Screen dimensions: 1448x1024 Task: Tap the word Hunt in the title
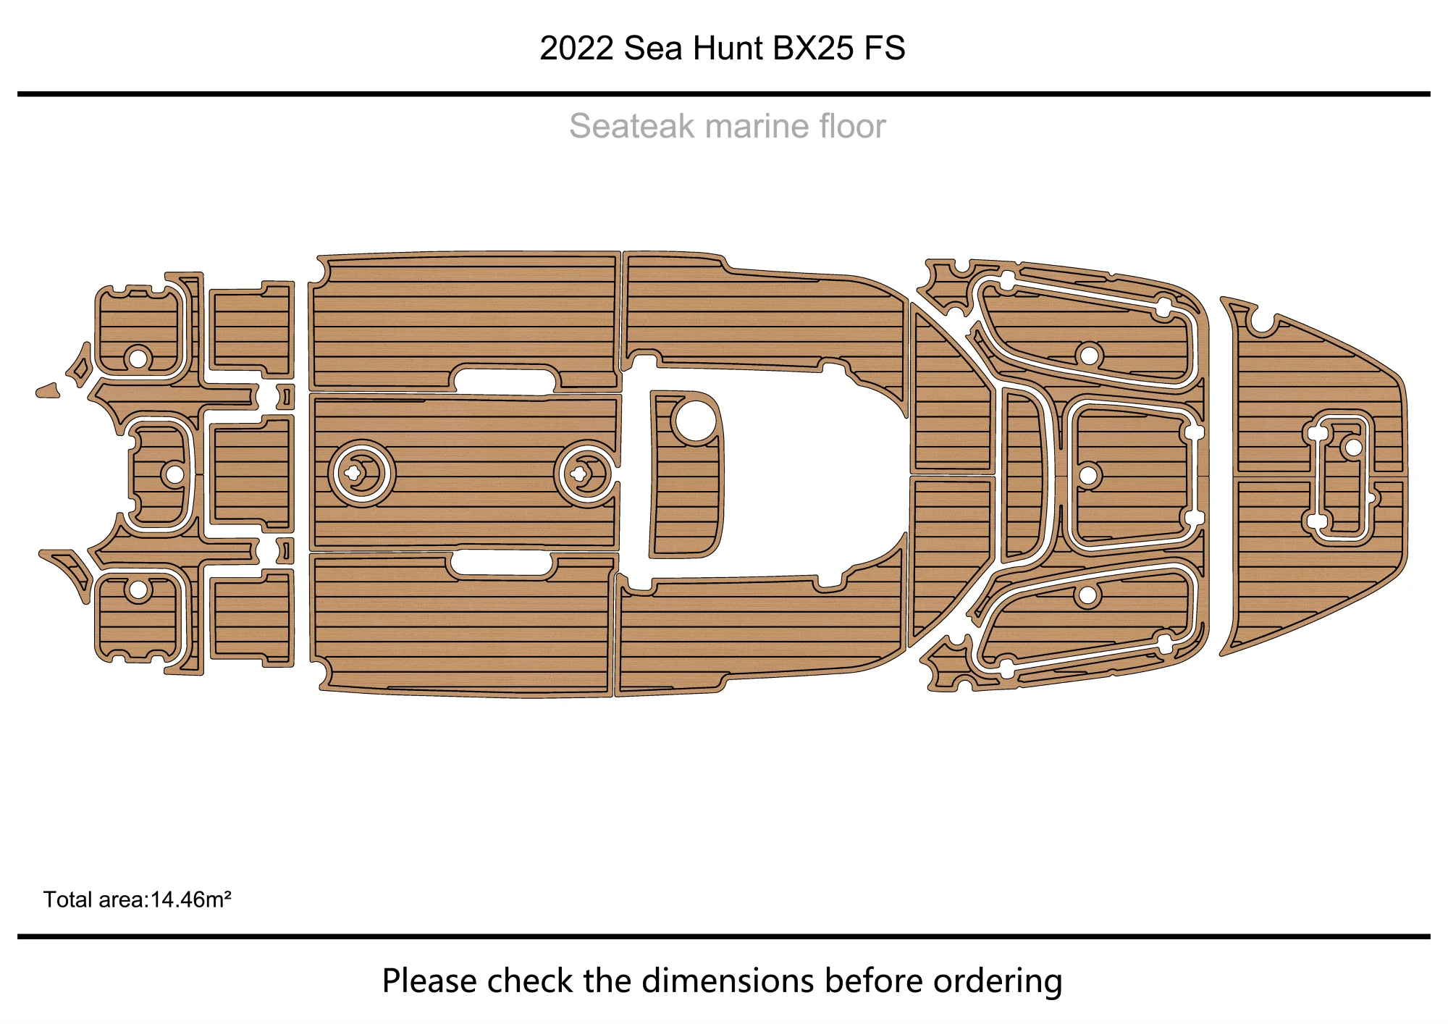point(728,49)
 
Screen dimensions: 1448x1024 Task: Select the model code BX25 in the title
point(813,49)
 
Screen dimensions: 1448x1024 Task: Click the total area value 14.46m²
point(190,900)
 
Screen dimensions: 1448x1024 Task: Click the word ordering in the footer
point(997,981)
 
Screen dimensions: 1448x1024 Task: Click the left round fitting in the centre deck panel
point(361,474)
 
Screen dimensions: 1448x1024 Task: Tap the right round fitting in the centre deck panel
point(586,474)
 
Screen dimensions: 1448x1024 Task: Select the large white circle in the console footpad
point(694,420)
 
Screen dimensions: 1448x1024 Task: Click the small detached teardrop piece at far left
point(48,391)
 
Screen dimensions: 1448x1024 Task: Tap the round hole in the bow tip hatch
point(1352,447)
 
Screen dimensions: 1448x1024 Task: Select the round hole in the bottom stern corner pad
point(138,590)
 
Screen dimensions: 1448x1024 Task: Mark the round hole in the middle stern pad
point(174,474)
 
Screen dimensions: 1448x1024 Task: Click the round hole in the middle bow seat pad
point(1088,475)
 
